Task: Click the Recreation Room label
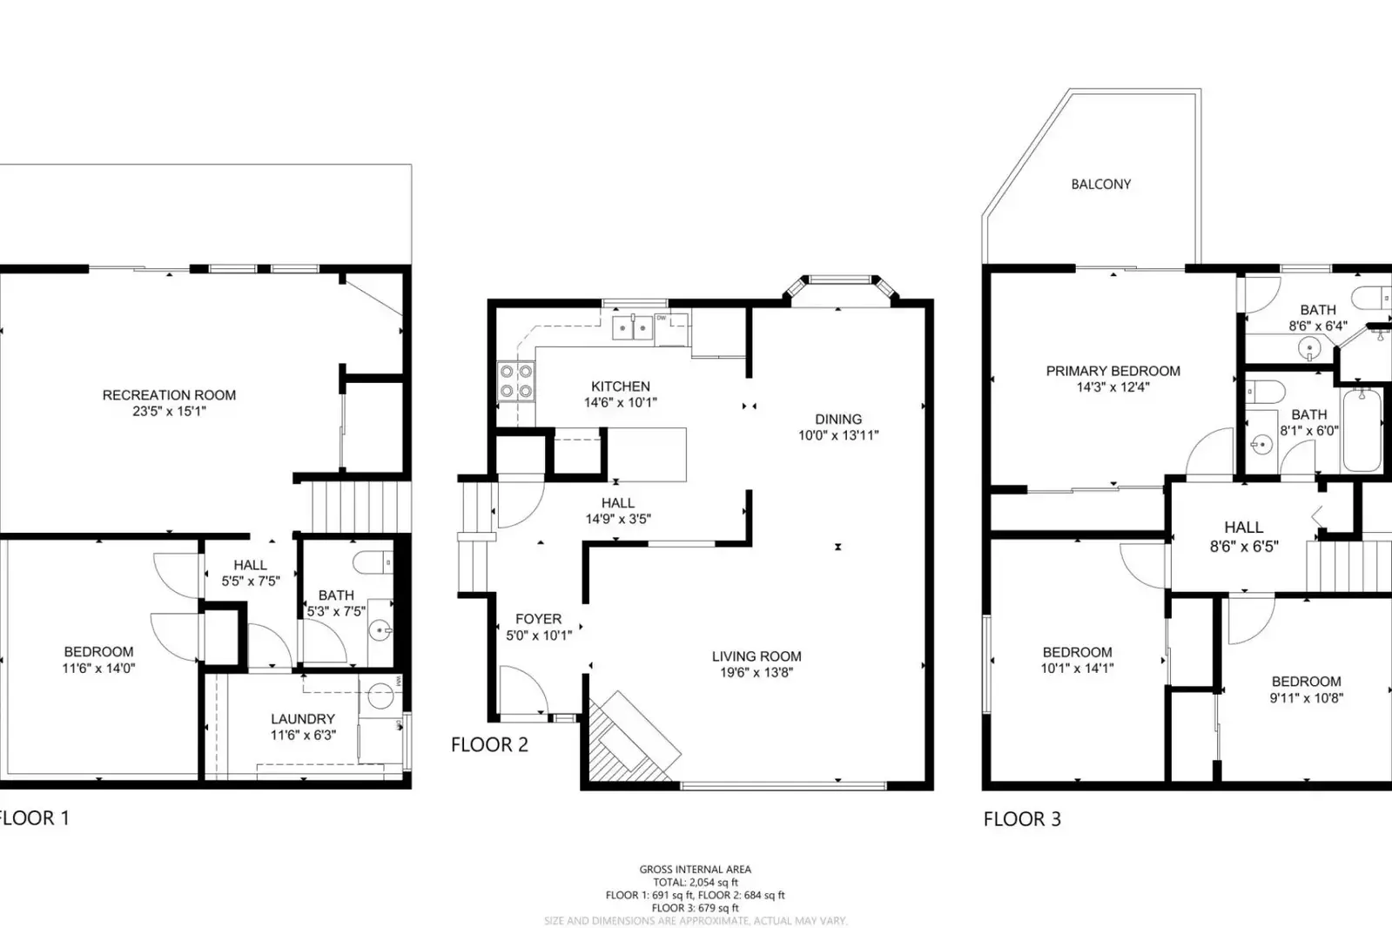(169, 395)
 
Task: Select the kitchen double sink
(633, 328)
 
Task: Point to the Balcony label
(1100, 185)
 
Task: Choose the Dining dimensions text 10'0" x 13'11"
(838, 435)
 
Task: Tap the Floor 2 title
(489, 744)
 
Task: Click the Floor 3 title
(1022, 818)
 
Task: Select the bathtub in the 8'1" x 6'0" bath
(1362, 430)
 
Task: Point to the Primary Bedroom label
(1113, 371)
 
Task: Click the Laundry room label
(302, 719)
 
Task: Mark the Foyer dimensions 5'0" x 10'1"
(539, 635)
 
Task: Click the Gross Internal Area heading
(695, 869)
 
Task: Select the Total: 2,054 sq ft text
(695, 882)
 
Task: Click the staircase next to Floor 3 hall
(1349, 566)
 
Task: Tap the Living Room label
(756, 656)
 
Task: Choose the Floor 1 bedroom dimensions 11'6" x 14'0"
(98, 669)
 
